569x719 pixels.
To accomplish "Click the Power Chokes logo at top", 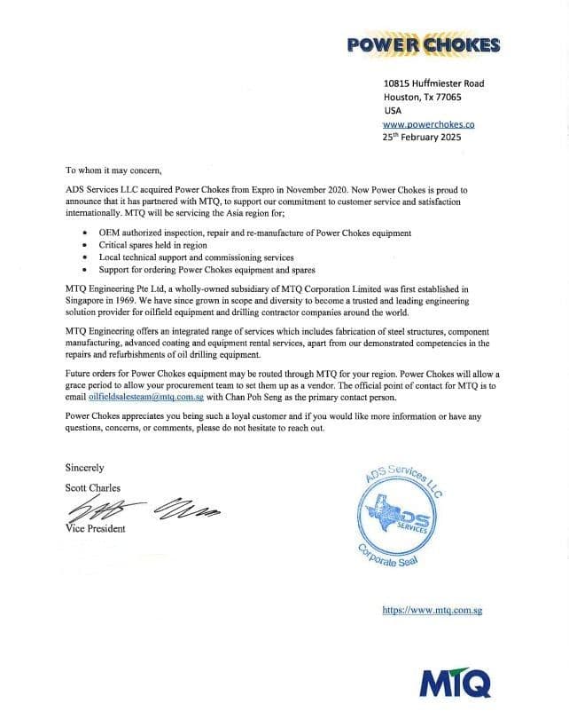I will tap(423, 45).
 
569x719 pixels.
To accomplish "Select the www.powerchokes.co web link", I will tap(429, 125).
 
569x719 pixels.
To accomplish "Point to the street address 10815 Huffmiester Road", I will tap(433, 83).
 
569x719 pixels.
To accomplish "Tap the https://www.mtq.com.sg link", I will tap(431, 611).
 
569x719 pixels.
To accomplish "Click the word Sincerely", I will tap(85, 467).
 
